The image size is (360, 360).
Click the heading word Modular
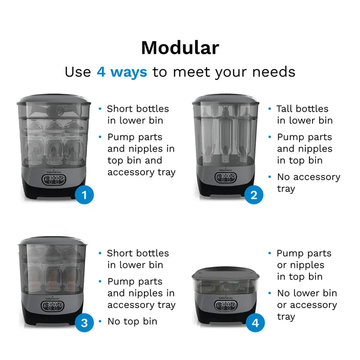tap(180, 48)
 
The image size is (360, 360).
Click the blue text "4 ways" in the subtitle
tap(122, 72)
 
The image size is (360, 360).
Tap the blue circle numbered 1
tap(84, 195)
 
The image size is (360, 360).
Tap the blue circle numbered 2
tap(254, 195)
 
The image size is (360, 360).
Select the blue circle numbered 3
tap(84, 323)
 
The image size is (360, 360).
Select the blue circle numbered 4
tap(255, 323)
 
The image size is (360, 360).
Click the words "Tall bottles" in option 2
tap(303, 109)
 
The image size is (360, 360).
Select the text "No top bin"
tap(132, 321)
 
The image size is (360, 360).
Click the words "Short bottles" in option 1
tap(138, 109)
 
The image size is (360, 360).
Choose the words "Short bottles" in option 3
tap(138, 253)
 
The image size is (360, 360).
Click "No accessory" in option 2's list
tap(309, 177)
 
